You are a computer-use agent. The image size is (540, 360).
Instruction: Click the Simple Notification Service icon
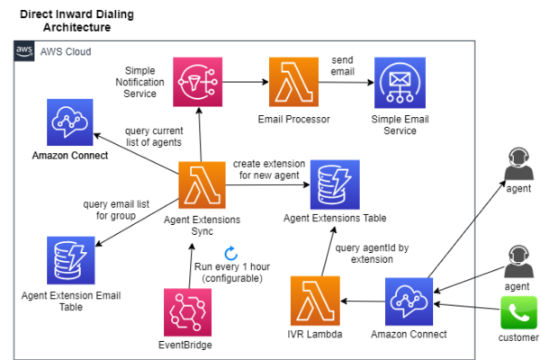point(198,82)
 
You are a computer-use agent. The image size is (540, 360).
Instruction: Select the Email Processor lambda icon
point(294,82)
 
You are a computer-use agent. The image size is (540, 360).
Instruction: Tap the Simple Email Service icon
point(399,82)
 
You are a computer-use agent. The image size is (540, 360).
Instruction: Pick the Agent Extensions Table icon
point(335,185)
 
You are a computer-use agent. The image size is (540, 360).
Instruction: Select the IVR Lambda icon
point(315,301)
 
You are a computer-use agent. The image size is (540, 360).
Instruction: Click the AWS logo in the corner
point(24,52)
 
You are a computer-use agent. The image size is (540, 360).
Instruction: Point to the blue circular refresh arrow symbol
point(230,253)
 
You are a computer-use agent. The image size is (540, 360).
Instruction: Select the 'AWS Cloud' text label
point(65,52)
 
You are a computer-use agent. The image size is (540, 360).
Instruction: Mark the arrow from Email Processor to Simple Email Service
point(346,82)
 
